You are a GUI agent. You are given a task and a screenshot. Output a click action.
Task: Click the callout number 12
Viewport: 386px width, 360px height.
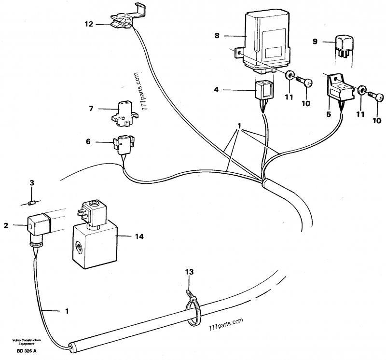(x=88, y=23)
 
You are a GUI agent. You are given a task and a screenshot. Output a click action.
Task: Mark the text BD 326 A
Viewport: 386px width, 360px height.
(x=26, y=351)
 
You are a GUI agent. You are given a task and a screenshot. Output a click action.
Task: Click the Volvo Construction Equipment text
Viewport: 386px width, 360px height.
(x=27, y=341)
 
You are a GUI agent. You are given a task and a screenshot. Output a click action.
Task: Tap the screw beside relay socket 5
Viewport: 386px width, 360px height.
(x=375, y=95)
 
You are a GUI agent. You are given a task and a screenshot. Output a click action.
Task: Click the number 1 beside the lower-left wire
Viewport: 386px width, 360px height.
(x=66, y=311)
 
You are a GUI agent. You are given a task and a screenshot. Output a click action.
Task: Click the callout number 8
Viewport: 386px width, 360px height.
(x=217, y=35)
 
